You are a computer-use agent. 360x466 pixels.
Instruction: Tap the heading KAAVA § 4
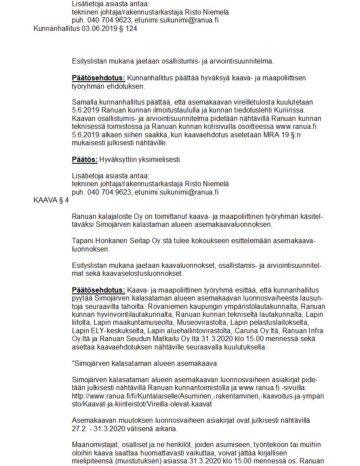tap(51, 200)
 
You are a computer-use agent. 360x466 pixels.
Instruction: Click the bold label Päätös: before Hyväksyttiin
tap(85, 159)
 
